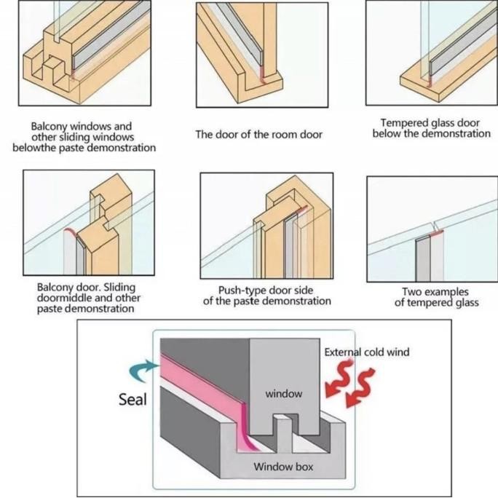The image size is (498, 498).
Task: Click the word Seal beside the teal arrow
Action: [132, 399]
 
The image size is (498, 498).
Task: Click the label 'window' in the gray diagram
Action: [283, 393]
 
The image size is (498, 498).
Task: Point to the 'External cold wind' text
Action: [366, 352]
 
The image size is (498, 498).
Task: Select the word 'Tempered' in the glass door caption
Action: [408, 123]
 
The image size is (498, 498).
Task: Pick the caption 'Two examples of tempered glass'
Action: [436, 297]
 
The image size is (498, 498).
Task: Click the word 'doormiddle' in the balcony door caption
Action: [63, 298]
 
